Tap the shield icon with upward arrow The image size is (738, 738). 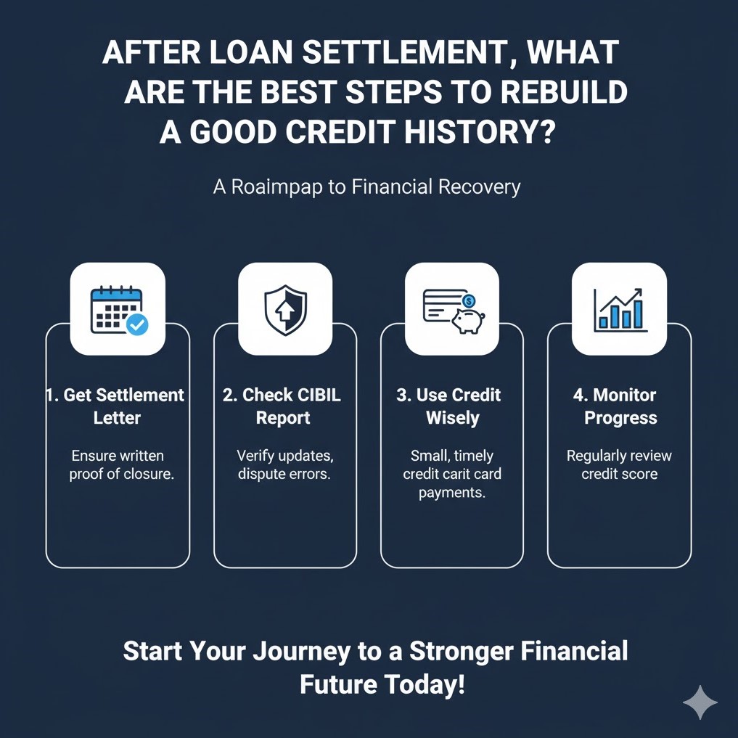[x=285, y=310]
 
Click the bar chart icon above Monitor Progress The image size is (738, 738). [x=619, y=310]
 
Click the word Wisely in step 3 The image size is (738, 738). [x=453, y=418]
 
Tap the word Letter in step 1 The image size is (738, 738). [x=117, y=418]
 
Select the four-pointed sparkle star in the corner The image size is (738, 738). [x=700, y=702]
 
